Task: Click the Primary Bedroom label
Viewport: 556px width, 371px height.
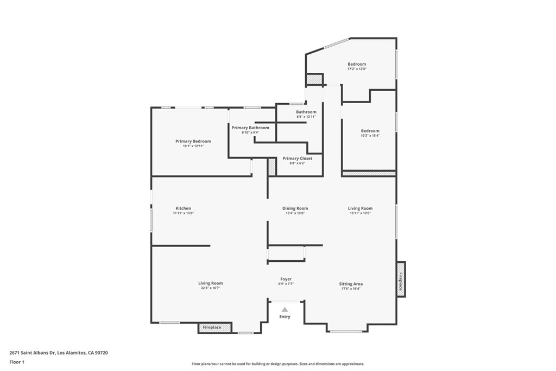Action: tap(193, 141)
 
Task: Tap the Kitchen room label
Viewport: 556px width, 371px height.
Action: tap(183, 209)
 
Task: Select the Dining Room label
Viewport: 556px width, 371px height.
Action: tap(295, 209)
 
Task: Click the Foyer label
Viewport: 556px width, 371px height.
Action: tap(286, 279)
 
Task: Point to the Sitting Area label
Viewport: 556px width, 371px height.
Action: tap(351, 284)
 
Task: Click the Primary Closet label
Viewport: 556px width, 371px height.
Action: tap(297, 159)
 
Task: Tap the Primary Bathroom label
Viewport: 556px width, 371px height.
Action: tap(250, 128)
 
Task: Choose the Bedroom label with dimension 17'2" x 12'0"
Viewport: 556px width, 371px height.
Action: tap(357, 64)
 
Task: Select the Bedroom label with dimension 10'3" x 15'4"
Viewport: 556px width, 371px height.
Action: tap(370, 131)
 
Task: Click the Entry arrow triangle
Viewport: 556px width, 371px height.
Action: tap(285, 309)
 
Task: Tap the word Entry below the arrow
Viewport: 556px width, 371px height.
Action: tap(285, 317)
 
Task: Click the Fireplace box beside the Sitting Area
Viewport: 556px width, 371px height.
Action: tap(401, 279)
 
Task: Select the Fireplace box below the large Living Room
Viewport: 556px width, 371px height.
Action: tap(214, 328)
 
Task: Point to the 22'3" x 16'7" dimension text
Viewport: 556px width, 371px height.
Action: tap(210, 288)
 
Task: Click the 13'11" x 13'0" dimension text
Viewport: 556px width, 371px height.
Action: tap(360, 213)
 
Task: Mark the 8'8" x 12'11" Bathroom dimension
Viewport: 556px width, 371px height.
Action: tap(306, 117)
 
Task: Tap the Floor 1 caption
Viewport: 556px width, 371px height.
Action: tap(17, 361)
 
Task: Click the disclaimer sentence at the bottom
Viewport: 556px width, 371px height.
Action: tap(277, 364)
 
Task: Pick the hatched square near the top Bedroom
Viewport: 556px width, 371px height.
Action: tap(314, 80)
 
